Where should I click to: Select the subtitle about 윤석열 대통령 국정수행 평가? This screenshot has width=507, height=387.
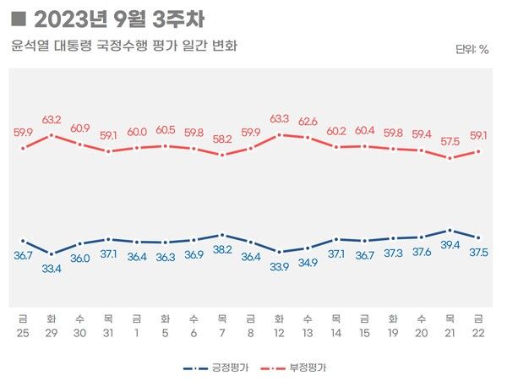[x=123, y=46]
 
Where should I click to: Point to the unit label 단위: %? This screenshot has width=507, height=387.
[x=472, y=49]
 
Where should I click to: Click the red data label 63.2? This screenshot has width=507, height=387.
[x=52, y=120]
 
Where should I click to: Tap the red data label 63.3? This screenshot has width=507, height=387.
[x=278, y=119]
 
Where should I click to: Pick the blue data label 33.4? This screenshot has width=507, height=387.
[x=52, y=269]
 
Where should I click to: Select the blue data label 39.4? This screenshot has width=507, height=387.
[x=450, y=245]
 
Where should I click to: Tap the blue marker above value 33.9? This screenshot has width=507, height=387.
[x=279, y=252]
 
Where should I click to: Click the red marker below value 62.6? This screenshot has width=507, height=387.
[x=308, y=138]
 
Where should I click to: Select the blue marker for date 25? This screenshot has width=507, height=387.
[x=23, y=241]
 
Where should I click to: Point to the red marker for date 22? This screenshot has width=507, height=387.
[x=479, y=151]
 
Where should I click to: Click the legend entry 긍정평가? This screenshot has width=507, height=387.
[x=215, y=368]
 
